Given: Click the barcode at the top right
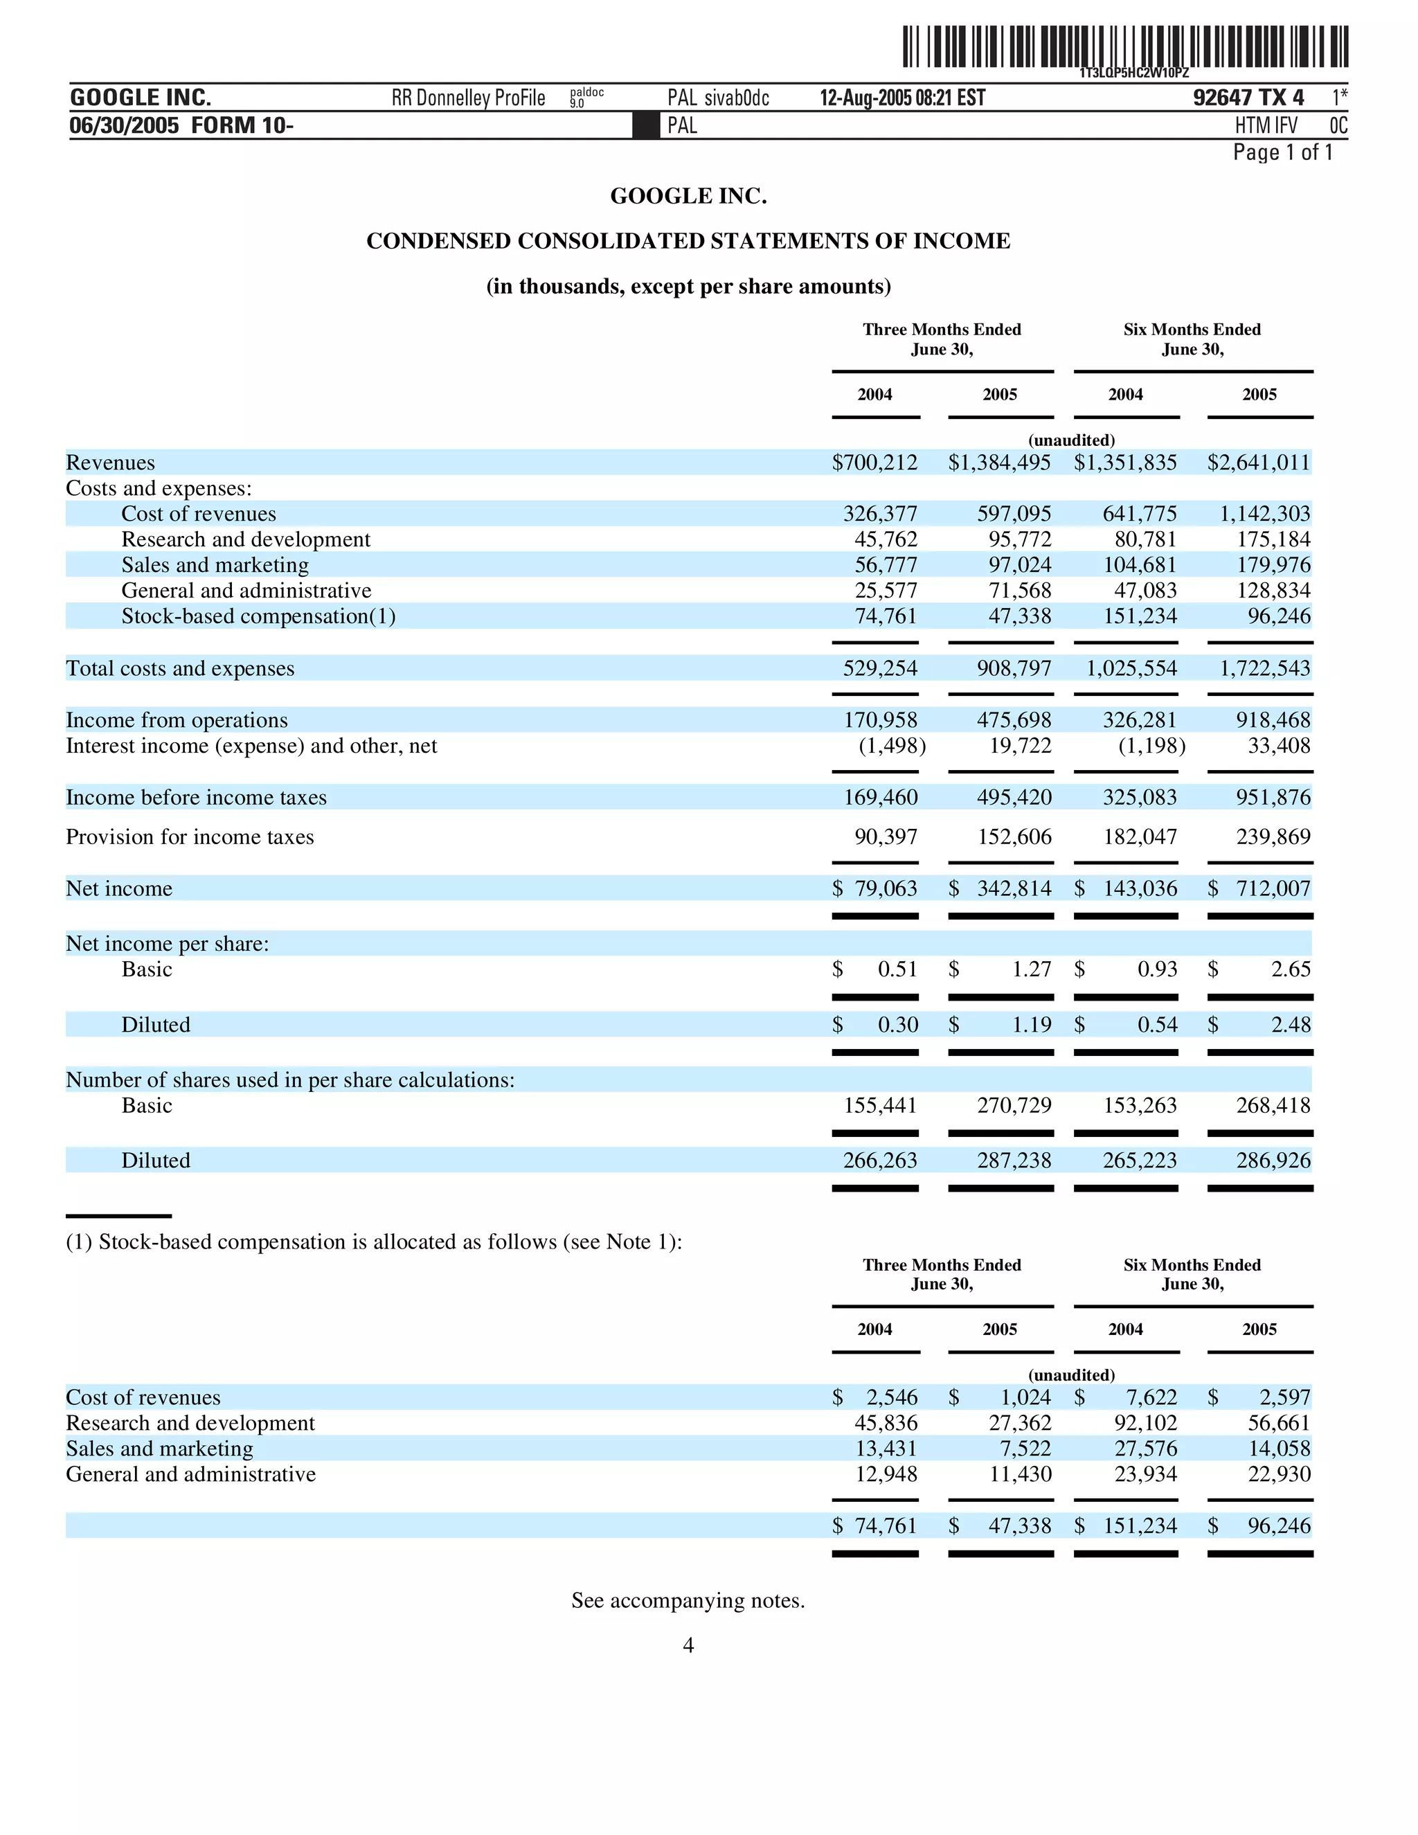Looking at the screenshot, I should pyautogui.click(x=1125, y=47).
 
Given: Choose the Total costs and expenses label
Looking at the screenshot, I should pyautogui.click(x=180, y=669).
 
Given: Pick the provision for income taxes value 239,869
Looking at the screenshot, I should pyautogui.click(x=1273, y=837).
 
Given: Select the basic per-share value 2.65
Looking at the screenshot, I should pyautogui.click(x=1291, y=969).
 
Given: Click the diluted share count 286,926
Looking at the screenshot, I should pyautogui.click(x=1273, y=1161).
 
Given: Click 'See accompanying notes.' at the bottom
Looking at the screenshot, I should pyautogui.click(x=688, y=1600).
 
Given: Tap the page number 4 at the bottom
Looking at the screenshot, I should pyautogui.click(x=688, y=1645).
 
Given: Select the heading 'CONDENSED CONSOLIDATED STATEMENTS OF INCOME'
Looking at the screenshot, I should pyautogui.click(x=688, y=241).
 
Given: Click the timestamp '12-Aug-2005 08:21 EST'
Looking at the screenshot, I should pyautogui.click(x=902, y=98).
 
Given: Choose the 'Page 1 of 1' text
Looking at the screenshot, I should pyautogui.click(x=1282, y=152).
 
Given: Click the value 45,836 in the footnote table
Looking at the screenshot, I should pyautogui.click(x=886, y=1423).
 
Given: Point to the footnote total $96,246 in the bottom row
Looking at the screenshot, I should pyautogui.click(x=1279, y=1525).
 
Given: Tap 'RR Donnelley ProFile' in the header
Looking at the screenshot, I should pyautogui.click(x=468, y=98).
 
